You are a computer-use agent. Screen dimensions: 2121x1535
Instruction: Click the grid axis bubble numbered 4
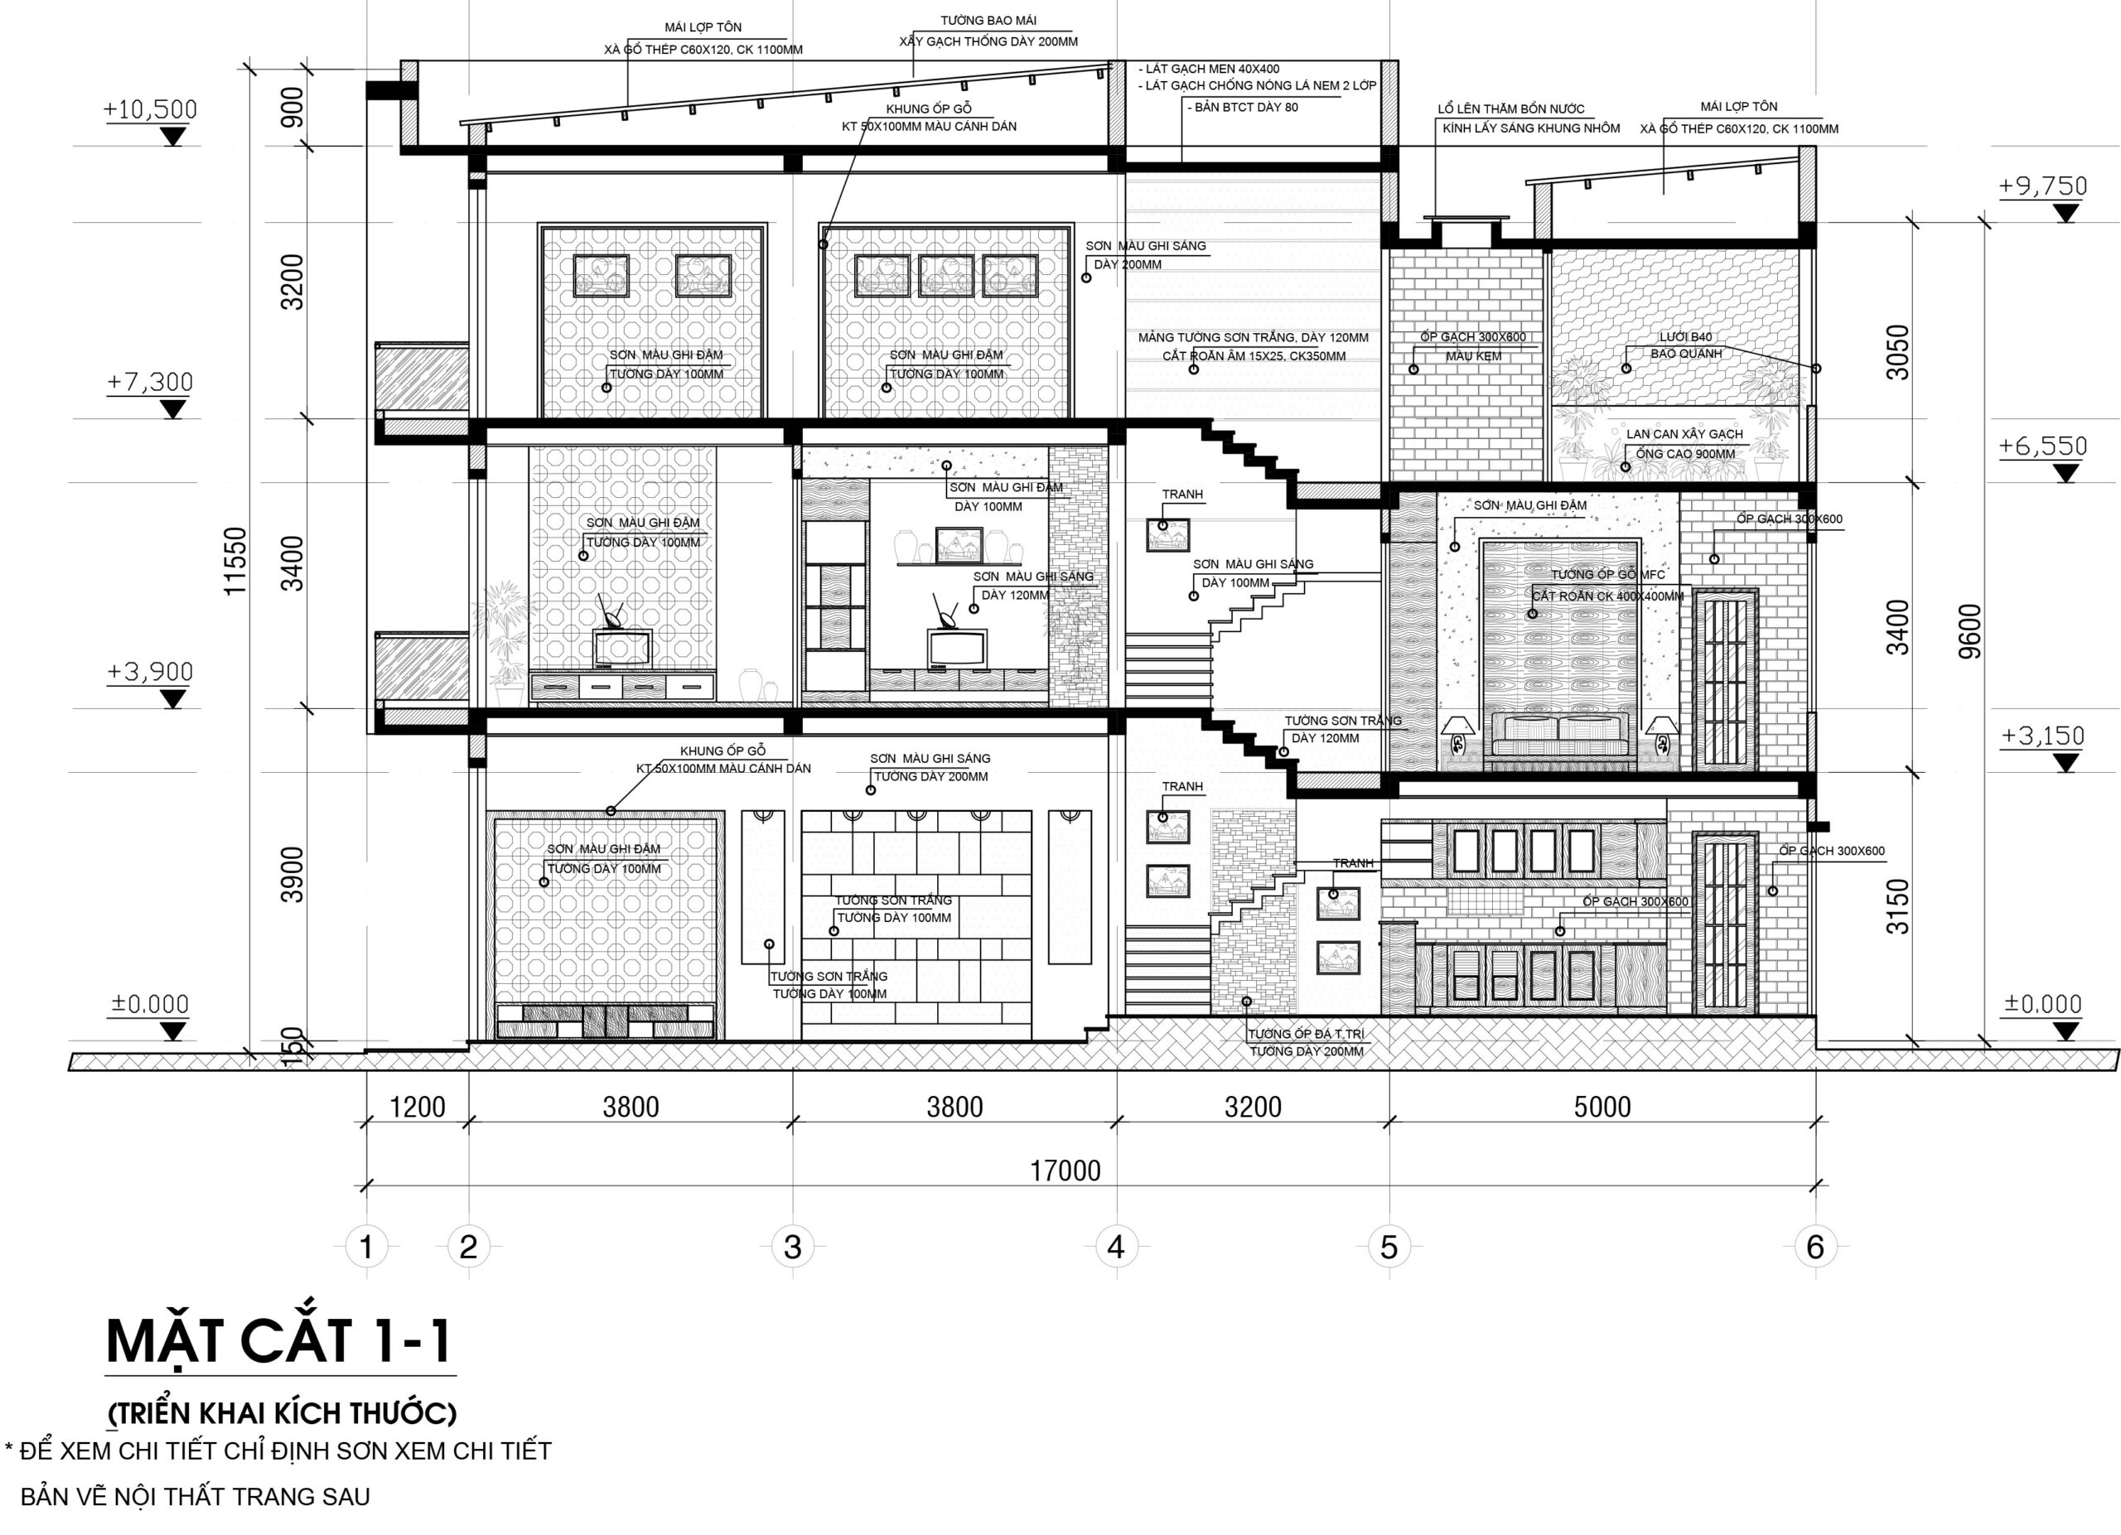[x=1116, y=1246]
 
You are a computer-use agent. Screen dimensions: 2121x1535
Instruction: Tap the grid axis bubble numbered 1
[x=366, y=1246]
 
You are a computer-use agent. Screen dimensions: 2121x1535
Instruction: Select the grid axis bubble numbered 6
[x=1815, y=1246]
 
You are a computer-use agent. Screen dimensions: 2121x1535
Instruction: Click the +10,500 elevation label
[x=151, y=110]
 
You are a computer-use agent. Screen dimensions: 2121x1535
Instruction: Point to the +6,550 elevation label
[x=2043, y=446]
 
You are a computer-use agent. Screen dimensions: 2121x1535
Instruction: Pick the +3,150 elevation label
[x=2043, y=736]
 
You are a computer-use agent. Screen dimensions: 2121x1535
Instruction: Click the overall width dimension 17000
[x=1065, y=1171]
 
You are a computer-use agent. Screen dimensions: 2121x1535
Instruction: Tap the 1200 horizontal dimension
[x=417, y=1107]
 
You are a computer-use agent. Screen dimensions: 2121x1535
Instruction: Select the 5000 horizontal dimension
[x=1602, y=1107]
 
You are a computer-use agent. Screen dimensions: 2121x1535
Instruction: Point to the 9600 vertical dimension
[x=1969, y=631]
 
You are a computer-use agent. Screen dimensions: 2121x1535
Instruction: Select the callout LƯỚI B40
[x=1686, y=336]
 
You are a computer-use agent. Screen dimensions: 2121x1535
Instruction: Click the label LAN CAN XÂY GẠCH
[x=1684, y=434]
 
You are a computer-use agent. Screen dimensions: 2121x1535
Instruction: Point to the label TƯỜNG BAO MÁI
[x=988, y=21]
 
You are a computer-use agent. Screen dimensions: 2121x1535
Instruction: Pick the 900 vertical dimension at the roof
[x=292, y=106]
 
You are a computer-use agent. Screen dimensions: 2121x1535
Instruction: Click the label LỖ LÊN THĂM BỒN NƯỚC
[x=1511, y=109]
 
